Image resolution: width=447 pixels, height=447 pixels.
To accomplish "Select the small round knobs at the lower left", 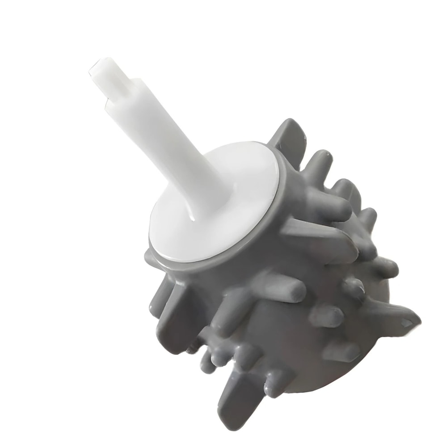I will pos(210,358).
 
